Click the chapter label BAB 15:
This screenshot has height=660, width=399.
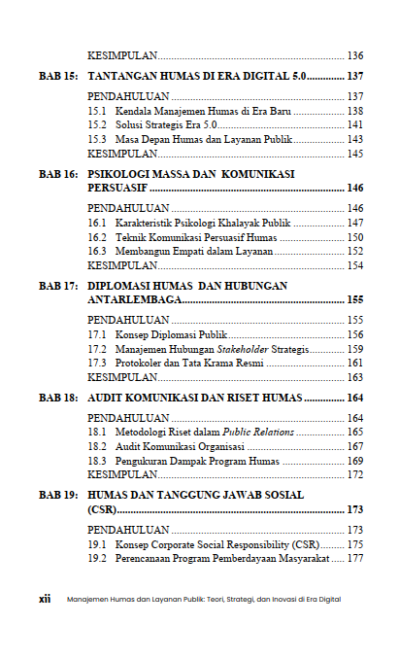(x=58, y=75)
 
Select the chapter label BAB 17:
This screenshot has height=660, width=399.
(x=58, y=287)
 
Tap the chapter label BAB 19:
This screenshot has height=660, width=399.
(x=58, y=495)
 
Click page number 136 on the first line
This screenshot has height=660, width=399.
(x=354, y=54)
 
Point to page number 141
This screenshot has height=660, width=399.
(x=354, y=125)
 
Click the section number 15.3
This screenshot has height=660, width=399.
(x=96, y=139)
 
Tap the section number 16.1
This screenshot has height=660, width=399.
(x=96, y=223)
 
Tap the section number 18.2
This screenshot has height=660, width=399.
(x=96, y=446)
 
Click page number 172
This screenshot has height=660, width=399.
(x=354, y=474)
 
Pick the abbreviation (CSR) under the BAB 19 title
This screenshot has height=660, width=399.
(x=102, y=509)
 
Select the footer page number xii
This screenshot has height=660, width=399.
(x=45, y=599)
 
